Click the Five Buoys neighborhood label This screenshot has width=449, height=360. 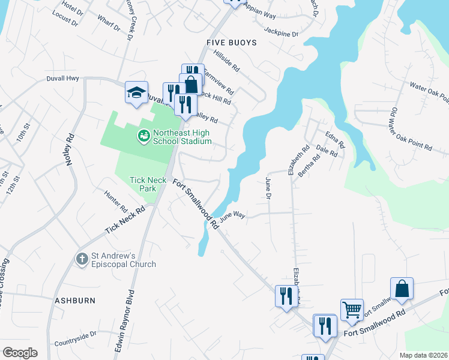tap(231, 43)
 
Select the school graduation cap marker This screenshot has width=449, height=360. tap(136, 92)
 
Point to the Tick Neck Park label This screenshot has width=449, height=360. tap(143, 184)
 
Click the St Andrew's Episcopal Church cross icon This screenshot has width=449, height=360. tap(82, 259)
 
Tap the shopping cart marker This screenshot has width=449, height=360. tap(351, 310)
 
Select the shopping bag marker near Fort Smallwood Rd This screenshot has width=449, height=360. tap(402, 289)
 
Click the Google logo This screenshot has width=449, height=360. tap(20, 352)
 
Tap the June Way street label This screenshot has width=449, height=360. tap(233, 216)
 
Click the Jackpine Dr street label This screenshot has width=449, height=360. tap(281, 34)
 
